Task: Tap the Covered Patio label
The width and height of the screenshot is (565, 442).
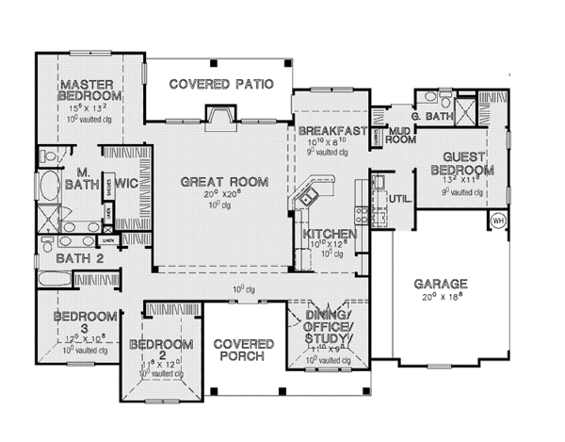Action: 221,84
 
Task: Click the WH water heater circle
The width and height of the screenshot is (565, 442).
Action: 498,222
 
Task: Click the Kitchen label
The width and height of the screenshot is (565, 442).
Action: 330,234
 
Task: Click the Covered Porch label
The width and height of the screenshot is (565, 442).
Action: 243,351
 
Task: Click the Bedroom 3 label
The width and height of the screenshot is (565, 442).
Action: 86,320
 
